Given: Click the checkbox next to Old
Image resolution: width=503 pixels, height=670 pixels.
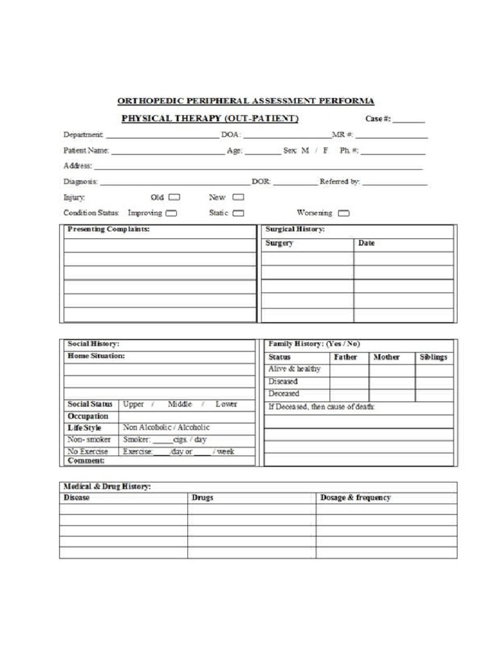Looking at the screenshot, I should click(174, 197).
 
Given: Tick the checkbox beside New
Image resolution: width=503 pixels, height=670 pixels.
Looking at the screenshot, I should click(238, 197).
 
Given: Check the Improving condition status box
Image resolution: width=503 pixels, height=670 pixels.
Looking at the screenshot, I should click(171, 213).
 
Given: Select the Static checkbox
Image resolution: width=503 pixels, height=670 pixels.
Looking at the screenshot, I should click(238, 213).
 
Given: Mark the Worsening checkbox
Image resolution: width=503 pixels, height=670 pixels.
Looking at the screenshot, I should click(343, 213).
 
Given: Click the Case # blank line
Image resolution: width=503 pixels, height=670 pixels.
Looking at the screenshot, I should click(409, 120).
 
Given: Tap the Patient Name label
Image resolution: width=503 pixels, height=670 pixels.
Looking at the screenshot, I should click(86, 150).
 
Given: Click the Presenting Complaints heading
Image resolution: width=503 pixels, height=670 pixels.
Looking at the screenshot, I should click(109, 230).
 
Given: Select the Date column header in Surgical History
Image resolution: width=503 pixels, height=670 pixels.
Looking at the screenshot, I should click(367, 243).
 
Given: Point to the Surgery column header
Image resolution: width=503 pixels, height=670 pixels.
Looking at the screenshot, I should click(279, 243).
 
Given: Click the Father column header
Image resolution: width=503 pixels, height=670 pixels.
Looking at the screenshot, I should click(345, 357).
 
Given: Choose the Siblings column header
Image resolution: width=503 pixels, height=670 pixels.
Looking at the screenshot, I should click(433, 357).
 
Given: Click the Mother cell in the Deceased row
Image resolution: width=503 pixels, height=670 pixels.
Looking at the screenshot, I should click(392, 395).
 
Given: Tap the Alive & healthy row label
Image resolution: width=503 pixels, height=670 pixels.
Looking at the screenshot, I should click(295, 369).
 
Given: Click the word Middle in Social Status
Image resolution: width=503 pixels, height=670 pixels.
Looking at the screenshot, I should click(179, 404).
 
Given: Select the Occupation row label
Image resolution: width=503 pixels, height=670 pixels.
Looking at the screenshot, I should click(88, 416).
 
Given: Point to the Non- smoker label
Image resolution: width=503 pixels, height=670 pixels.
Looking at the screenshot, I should click(89, 440).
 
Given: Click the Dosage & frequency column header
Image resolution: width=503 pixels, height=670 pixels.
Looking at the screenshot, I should click(355, 498).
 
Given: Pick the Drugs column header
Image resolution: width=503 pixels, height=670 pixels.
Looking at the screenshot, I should click(202, 498).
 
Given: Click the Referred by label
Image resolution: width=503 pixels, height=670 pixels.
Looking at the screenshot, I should click(339, 182).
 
